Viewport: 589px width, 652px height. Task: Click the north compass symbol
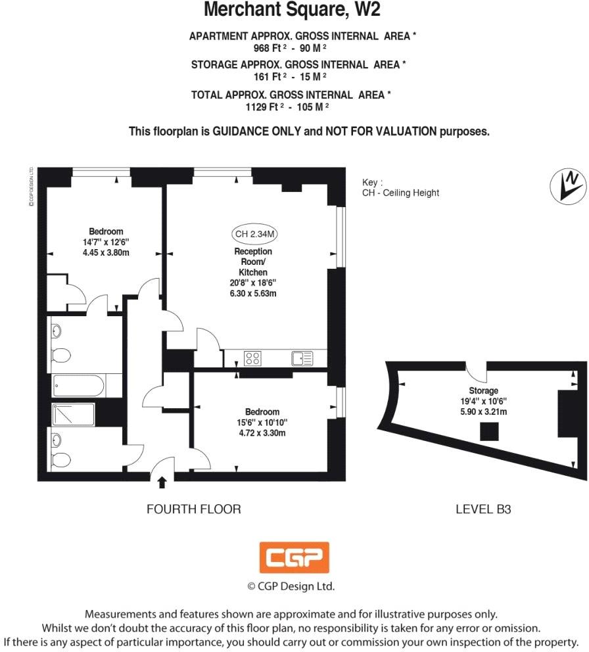(x=568, y=185)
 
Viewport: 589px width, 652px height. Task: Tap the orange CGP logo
(x=294, y=558)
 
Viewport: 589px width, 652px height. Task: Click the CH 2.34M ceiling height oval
(x=254, y=234)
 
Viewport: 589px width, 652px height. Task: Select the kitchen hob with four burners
(x=253, y=358)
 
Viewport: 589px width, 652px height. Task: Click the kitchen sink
(x=302, y=358)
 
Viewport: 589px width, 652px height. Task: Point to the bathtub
(x=78, y=385)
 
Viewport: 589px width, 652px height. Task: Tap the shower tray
(x=73, y=415)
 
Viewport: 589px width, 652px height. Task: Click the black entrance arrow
(x=162, y=484)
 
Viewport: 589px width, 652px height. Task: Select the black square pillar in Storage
(x=488, y=432)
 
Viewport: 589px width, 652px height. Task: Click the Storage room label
(x=483, y=391)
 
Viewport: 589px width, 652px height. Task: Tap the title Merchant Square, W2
(x=292, y=10)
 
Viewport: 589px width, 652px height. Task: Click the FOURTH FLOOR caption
(x=193, y=509)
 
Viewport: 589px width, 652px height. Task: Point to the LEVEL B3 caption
(x=483, y=509)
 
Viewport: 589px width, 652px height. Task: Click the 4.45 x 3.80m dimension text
(x=106, y=252)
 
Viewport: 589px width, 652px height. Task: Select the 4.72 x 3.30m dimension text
(x=262, y=433)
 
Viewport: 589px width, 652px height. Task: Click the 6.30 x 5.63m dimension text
(x=253, y=293)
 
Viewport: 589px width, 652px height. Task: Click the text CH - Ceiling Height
(x=400, y=193)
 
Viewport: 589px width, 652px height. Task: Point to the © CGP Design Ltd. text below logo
(x=291, y=586)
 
